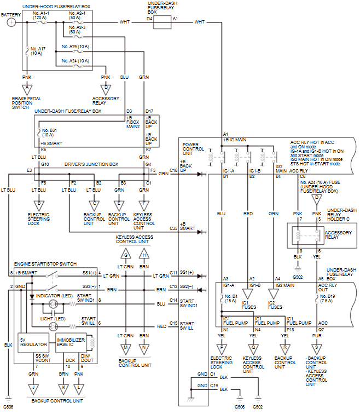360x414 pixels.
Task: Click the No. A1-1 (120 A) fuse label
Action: click(42, 14)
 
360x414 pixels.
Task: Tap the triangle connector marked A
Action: click(27, 88)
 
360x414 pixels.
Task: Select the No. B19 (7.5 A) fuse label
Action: click(329, 298)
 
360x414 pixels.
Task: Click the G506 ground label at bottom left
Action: click(9, 407)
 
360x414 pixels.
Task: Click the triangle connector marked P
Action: click(222, 348)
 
